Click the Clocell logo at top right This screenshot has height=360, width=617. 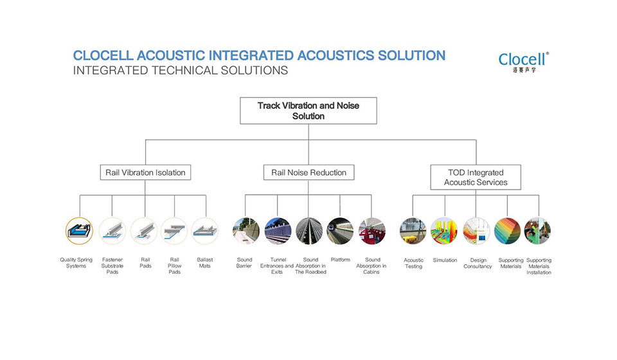tap(523, 60)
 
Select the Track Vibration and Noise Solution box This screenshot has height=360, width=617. tap(308, 111)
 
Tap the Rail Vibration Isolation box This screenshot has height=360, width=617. tap(145, 172)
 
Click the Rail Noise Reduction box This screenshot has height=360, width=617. tap(308, 172)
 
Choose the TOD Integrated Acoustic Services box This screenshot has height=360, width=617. tap(476, 177)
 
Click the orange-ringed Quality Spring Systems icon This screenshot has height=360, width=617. tap(79, 231)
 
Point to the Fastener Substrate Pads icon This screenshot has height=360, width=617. tap(112, 231)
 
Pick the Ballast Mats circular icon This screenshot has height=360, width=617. tap(205, 231)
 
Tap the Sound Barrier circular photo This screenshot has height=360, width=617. tap(246, 231)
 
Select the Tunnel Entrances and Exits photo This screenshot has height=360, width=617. tap(278, 231)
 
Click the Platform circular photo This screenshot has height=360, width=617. tap(340, 231)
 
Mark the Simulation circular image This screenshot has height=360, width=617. tap(445, 231)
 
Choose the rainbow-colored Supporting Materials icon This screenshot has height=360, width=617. tap(507, 231)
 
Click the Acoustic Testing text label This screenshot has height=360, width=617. tap(413, 263)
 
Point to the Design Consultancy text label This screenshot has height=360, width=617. tap(478, 263)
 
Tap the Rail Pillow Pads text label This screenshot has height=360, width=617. tap(174, 265)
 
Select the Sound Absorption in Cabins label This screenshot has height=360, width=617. tap(371, 265)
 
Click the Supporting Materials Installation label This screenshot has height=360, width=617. tap(539, 266)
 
